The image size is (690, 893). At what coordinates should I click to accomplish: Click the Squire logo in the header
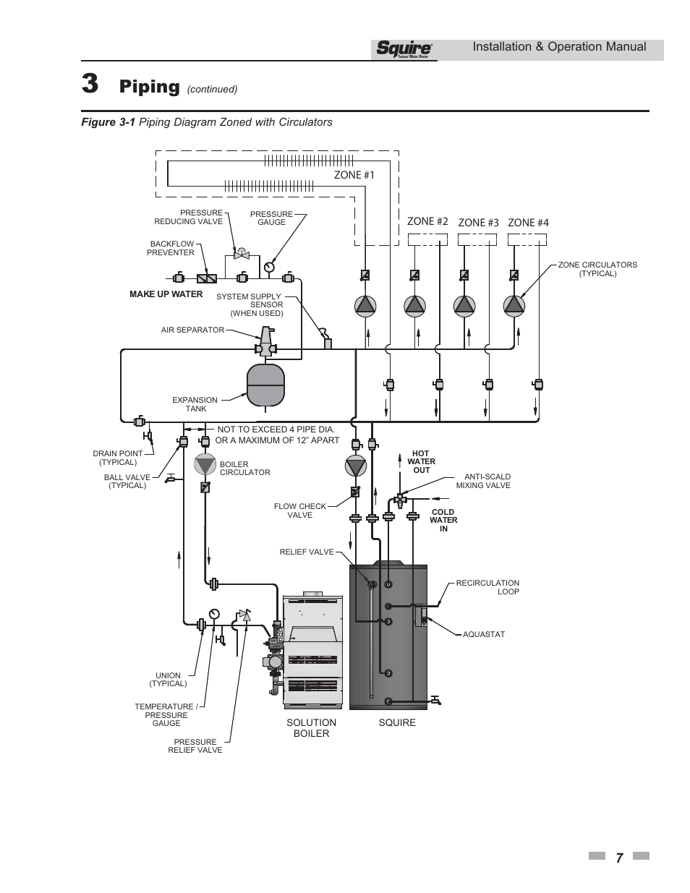click(x=404, y=49)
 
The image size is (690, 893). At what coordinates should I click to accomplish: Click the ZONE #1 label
click(x=354, y=174)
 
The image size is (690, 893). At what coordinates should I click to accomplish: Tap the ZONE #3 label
click(x=478, y=223)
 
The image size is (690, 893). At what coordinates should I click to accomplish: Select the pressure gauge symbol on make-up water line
click(x=269, y=266)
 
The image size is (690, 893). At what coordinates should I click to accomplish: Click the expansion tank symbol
click(x=266, y=384)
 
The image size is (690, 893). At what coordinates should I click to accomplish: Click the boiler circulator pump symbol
click(x=205, y=464)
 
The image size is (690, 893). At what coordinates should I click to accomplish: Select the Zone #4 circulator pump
click(x=514, y=306)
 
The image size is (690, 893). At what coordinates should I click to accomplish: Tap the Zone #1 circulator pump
click(x=365, y=306)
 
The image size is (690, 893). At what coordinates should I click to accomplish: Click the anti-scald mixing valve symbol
click(x=400, y=498)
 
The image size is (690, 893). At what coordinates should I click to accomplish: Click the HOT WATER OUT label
click(x=421, y=462)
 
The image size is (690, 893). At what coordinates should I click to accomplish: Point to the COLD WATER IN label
click(x=443, y=520)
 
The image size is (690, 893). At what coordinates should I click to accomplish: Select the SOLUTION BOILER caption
click(x=311, y=727)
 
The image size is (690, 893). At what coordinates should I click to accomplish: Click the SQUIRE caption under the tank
click(x=397, y=722)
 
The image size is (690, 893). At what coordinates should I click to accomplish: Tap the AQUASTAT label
click(x=483, y=634)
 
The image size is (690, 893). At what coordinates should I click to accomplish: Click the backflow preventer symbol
click(x=207, y=278)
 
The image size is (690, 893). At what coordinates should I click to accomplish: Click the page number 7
click(x=619, y=858)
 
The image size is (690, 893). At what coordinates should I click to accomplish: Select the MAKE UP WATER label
click(x=166, y=294)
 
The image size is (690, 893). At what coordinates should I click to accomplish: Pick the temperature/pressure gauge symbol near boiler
click(x=214, y=614)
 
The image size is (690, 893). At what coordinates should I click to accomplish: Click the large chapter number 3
click(x=90, y=85)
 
